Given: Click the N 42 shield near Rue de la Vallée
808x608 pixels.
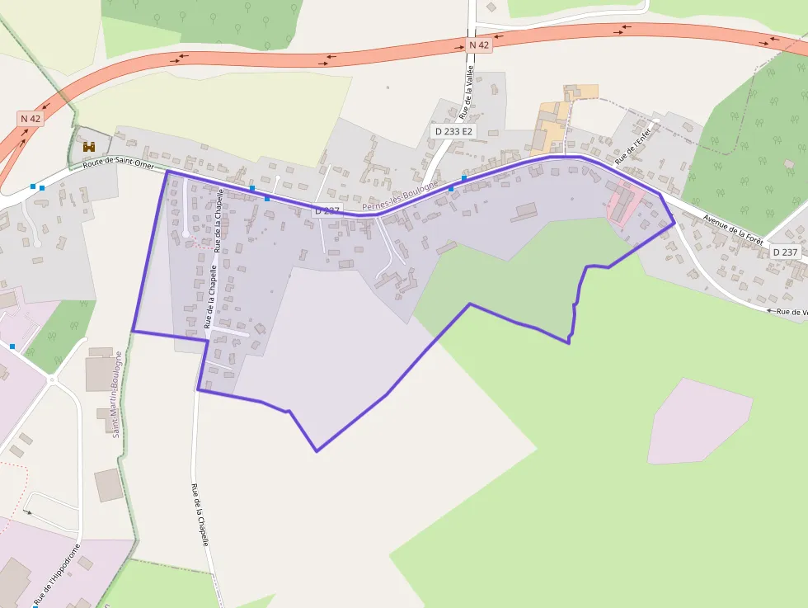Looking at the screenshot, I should tap(478, 45).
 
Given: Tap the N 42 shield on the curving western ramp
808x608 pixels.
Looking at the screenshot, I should tap(31, 118).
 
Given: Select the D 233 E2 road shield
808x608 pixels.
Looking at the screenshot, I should tap(454, 131).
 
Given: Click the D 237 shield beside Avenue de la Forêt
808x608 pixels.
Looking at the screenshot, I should tap(786, 252).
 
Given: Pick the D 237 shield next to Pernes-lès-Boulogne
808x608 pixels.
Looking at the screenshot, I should tap(327, 211).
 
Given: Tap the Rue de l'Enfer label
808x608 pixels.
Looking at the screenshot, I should tap(633, 141).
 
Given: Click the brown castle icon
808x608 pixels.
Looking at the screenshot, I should tap(88, 146).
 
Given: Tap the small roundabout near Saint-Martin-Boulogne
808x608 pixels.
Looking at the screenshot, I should tap(52, 380).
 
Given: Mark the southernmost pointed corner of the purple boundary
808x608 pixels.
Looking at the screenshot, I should tap(317, 450).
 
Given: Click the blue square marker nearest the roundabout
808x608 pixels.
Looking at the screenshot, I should tap(12, 346).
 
